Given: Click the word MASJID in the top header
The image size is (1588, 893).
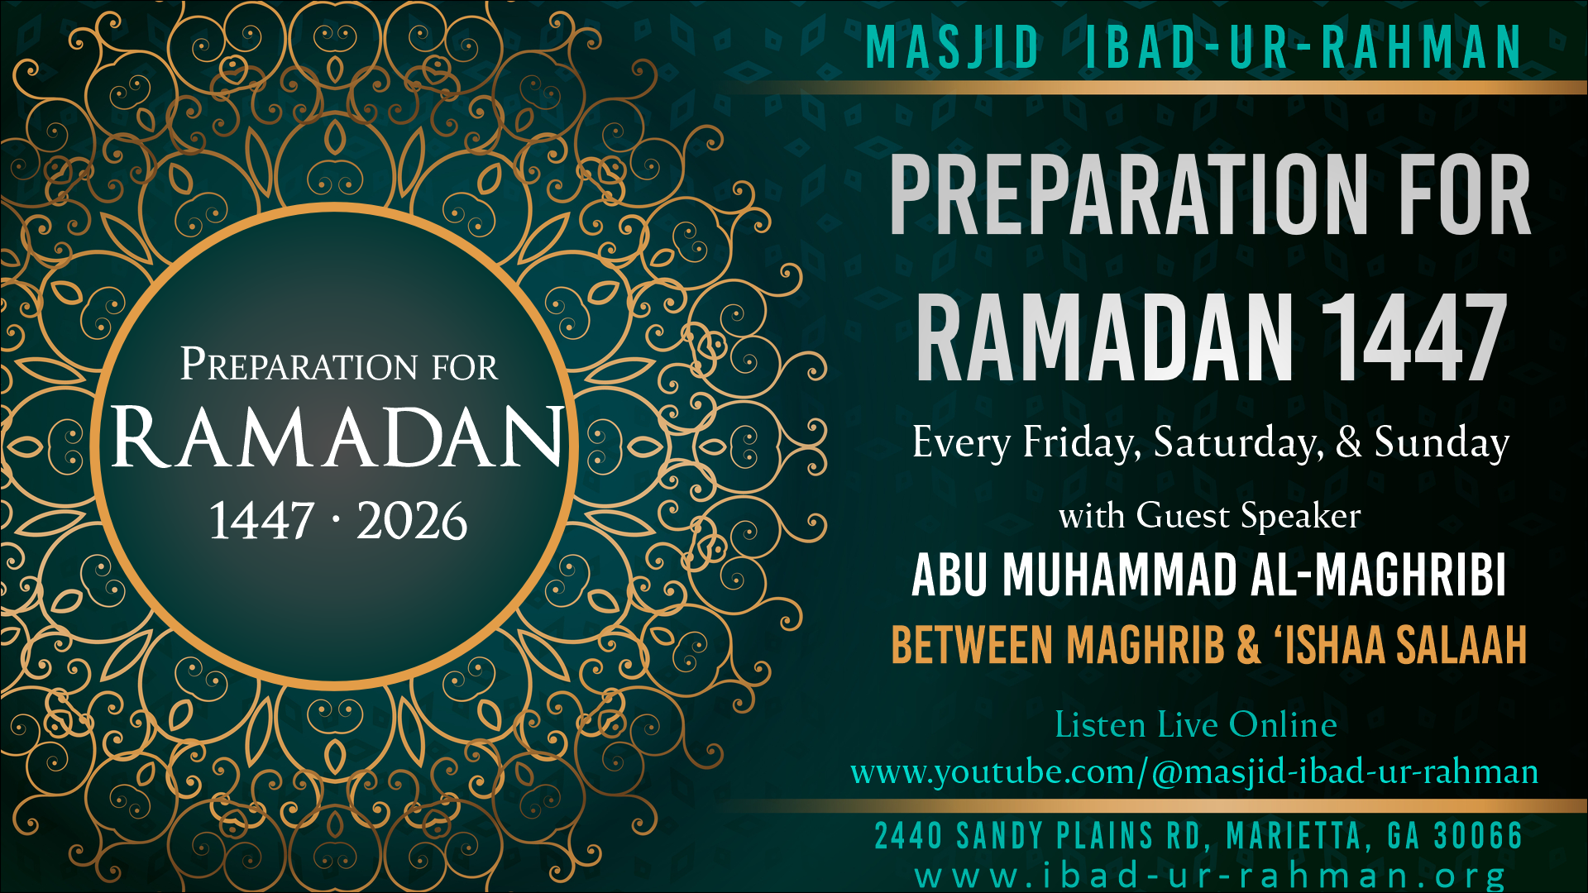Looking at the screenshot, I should click(x=952, y=47).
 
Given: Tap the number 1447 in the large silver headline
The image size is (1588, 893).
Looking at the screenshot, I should click(x=1413, y=339).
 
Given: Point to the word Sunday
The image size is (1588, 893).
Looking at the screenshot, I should click(x=1442, y=442).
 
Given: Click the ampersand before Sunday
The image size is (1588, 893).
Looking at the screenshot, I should click(x=1348, y=442).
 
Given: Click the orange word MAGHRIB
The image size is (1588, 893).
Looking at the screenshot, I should click(x=1146, y=645).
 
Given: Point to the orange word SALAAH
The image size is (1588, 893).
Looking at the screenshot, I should click(x=1461, y=645).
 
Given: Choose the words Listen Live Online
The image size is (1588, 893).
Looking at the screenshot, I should click(x=1196, y=725).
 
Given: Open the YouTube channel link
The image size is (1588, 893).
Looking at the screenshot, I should click(x=1194, y=772).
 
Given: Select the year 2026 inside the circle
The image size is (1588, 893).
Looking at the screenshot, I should click(x=412, y=521).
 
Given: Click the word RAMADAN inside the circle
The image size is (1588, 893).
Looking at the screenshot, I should click(x=337, y=437).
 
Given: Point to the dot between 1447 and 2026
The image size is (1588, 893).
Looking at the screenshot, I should click(x=335, y=520).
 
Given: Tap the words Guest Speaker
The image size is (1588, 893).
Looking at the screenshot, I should click(x=1248, y=516).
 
